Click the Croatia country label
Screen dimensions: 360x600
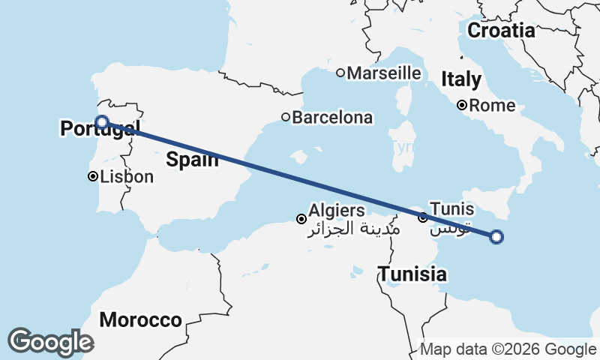[x=501, y=31]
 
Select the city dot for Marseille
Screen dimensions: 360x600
[x=340, y=73]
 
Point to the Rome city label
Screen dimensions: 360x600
[x=493, y=106]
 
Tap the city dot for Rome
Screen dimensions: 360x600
[x=463, y=106]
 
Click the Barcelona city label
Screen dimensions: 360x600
[x=332, y=118]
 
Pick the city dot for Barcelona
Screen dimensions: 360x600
[x=286, y=117]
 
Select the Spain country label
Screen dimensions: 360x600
[x=193, y=159]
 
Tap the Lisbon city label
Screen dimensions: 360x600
[x=126, y=177]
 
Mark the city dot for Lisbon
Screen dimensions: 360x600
[x=92, y=177]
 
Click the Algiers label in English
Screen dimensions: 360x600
[x=337, y=211]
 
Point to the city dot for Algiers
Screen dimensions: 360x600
[x=301, y=219]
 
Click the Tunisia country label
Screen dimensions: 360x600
[x=412, y=274]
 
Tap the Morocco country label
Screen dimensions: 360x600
[x=141, y=320]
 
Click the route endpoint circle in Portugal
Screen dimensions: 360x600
[x=102, y=121]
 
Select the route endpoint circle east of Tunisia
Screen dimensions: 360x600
[x=496, y=237]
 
